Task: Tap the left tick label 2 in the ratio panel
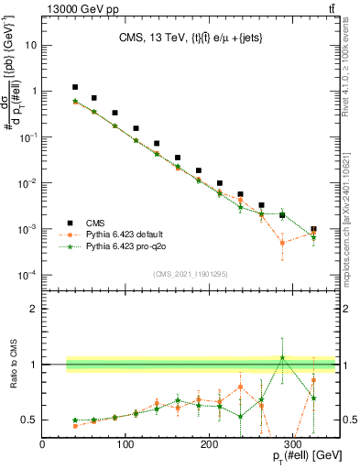(x=34, y=310)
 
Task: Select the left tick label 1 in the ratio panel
(x=34, y=365)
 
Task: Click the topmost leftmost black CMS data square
(x=75, y=87)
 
